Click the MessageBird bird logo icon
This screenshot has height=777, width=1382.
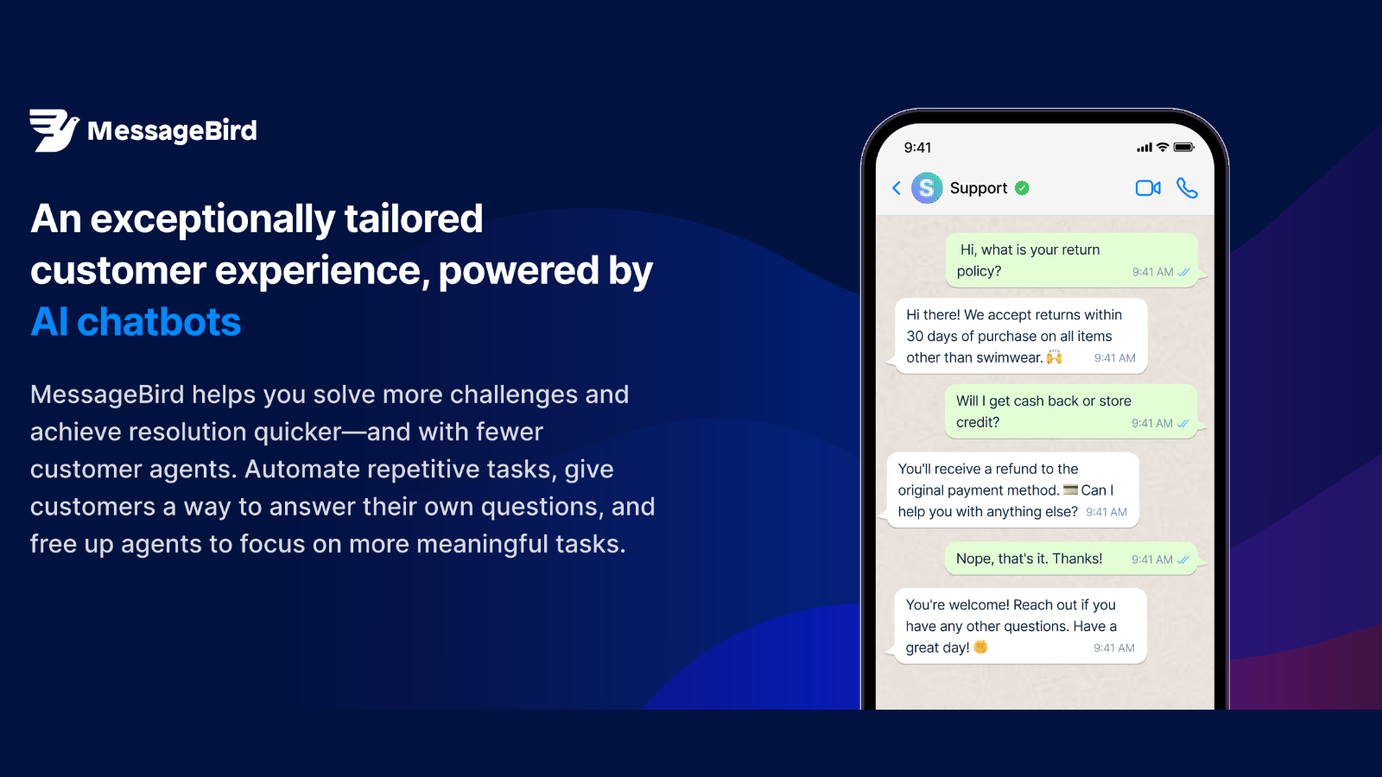pos(54,130)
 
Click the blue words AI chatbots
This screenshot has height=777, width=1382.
pos(136,322)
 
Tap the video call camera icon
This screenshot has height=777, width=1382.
pos(1147,188)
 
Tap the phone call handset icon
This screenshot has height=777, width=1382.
pos(1187,188)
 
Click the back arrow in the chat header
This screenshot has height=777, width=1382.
pos(897,188)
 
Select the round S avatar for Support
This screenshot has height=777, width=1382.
pos(927,187)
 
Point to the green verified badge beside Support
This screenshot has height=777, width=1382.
pos(1023,188)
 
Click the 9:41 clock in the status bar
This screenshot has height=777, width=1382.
pos(917,148)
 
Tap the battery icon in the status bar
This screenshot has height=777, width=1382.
pos(1183,148)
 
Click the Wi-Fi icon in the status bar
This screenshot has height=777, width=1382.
pos(1163,148)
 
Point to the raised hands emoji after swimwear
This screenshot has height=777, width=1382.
pos(1055,357)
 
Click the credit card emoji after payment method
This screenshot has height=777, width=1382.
pos(1070,490)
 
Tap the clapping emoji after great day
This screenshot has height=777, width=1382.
pos(980,647)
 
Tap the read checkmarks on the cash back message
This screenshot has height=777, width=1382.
pos(1183,423)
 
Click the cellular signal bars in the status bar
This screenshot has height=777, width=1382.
pos(1144,148)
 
